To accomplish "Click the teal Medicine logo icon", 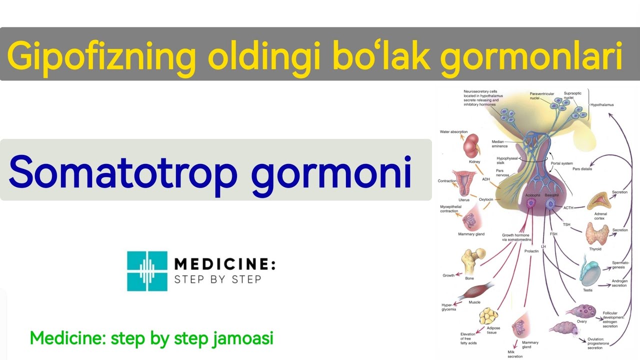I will tap(147, 271).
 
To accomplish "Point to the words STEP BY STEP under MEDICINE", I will tap(217, 279).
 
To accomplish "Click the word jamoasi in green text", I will tap(244, 338).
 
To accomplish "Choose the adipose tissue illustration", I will tap(489, 316).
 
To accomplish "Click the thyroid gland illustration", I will tap(597, 233).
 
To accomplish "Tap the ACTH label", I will tap(568, 207).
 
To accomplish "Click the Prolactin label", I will tap(531, 251).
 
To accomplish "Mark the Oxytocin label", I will tap(486, 199).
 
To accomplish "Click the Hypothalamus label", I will tap(602, 105).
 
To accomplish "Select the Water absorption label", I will tap(453, 132).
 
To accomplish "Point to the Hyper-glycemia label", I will tap(448, 307).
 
